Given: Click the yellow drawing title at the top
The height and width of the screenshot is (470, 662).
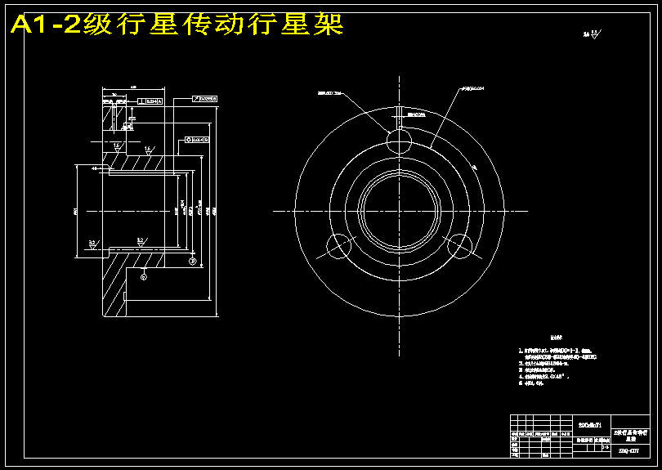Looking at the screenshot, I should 176,25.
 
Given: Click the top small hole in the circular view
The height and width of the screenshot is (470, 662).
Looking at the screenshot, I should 399,141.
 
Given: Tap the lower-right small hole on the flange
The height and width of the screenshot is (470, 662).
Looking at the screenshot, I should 460,245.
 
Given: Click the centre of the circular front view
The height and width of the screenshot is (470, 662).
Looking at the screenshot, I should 399,211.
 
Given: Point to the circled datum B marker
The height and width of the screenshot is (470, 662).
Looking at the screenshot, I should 193,261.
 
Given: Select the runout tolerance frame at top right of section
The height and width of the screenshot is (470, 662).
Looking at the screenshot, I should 205,99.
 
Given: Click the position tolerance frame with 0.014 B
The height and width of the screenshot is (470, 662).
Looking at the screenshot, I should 197,140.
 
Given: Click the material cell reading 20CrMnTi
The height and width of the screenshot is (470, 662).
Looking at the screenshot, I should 589,426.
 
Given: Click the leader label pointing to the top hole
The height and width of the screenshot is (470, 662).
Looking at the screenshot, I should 330,93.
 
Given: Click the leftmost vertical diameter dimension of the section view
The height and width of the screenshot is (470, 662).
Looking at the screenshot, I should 75,211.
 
